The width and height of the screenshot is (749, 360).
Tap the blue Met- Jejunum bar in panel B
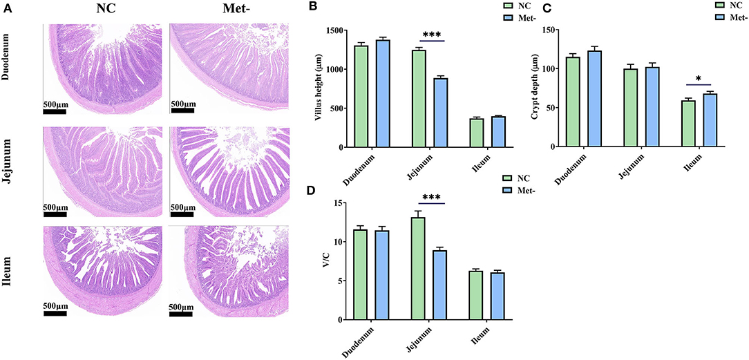(441, 113)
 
